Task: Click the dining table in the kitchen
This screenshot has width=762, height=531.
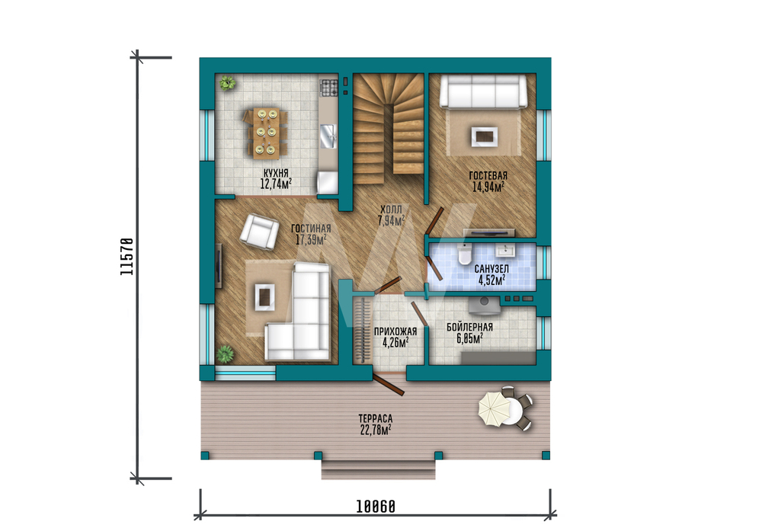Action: tap(267, 133)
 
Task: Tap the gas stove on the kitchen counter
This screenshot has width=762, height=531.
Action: tap(328, 88)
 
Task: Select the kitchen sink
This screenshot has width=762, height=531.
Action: tap(328, 136)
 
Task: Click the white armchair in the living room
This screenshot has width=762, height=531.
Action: tap(260, 232)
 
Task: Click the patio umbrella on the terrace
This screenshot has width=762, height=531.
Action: tap(495, 408)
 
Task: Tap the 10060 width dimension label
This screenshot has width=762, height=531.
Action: tap(376, 507)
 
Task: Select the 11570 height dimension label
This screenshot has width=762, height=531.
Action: tap(126, 257)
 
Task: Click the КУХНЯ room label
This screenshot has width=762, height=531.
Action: tap(276, 173)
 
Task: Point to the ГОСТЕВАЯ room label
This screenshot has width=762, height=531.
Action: tap(488, 176)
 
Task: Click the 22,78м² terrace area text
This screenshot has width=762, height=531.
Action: tap(376, 430)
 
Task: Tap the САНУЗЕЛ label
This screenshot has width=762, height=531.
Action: tap(491, 269)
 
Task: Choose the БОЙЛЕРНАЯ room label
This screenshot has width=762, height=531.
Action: tap(469, 328)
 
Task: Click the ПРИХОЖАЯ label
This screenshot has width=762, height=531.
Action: tap(395, 332)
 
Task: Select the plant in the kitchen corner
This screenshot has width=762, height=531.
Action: tap(227, 82)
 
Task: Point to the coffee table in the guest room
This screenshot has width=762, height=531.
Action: tap(484, 136)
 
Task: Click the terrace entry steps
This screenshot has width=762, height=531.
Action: tap(378, 469)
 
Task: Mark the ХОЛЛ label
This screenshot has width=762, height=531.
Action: tap(391, 210)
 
